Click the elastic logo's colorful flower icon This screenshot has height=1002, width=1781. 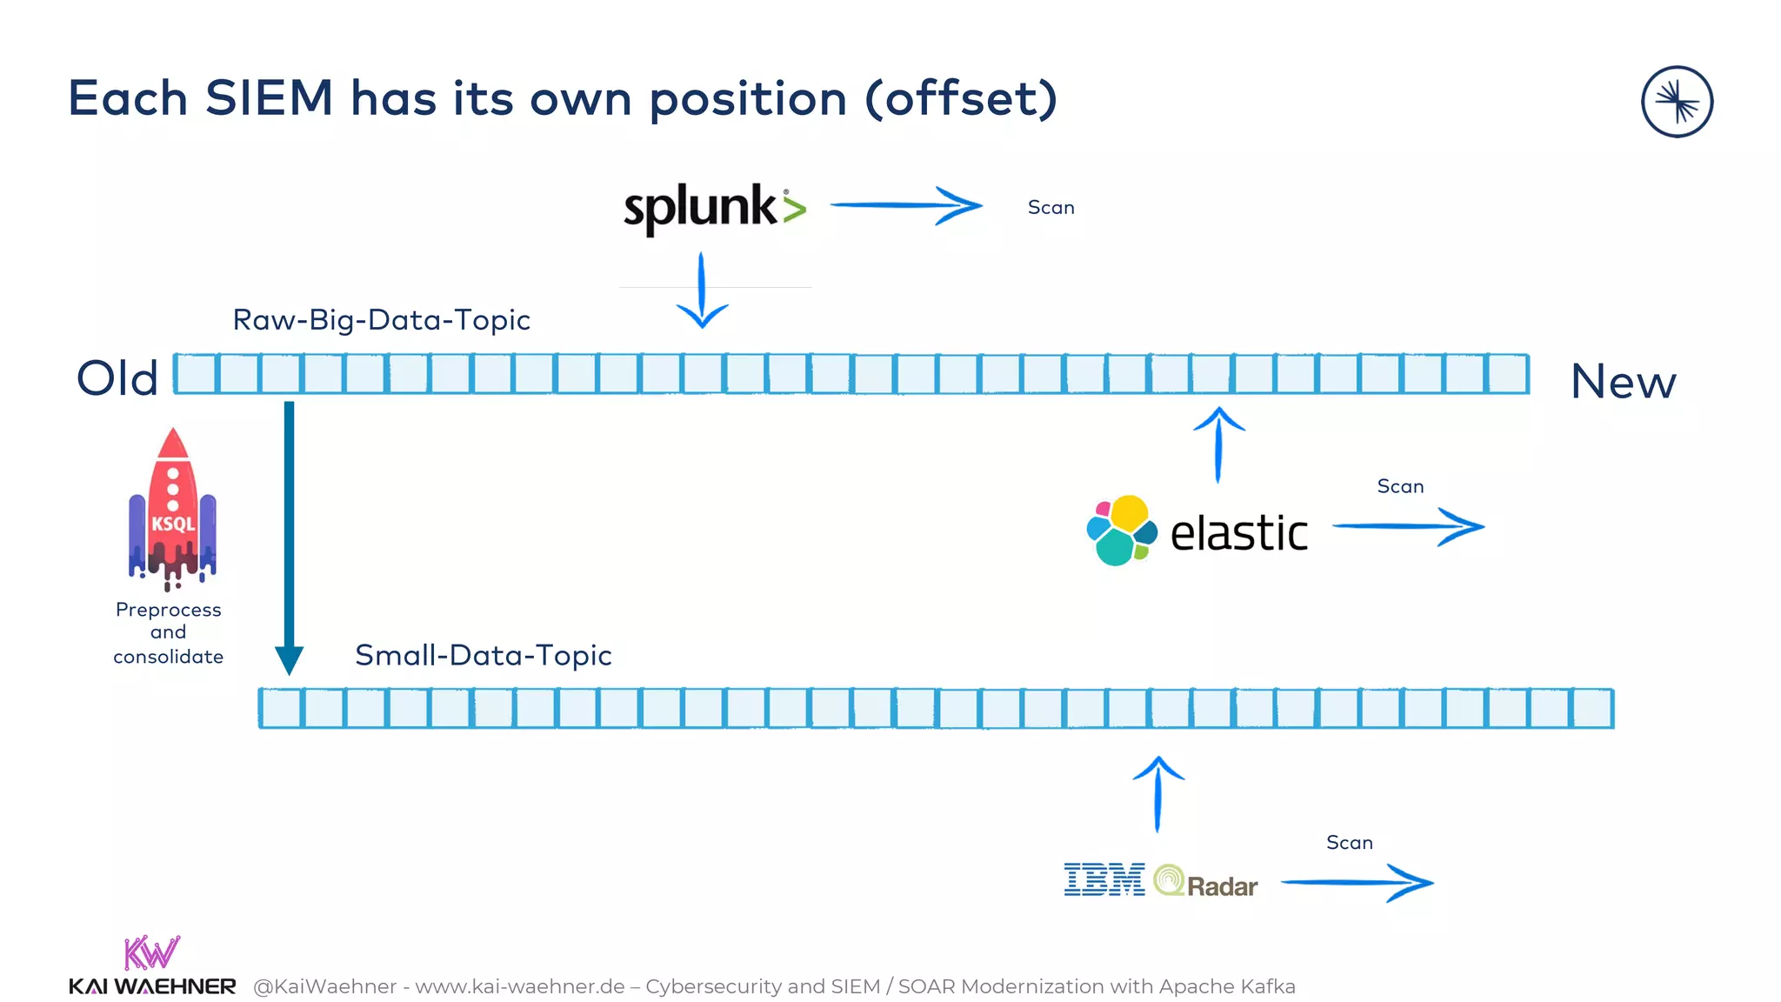tap(1121, 530)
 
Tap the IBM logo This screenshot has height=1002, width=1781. tap(1104, 879)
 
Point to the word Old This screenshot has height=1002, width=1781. tap(117, 378)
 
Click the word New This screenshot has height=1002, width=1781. tap(1623, 382)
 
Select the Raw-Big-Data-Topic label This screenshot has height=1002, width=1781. tap(381, 320)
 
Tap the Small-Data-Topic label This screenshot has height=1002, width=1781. tap(483, 655)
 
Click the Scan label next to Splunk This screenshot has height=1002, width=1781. tap(1051, 208)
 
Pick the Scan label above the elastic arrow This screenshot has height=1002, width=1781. tap(1400, 486)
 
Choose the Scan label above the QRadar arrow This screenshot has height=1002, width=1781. tap(1349, 842)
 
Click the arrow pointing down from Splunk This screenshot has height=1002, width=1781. tap(702, 291)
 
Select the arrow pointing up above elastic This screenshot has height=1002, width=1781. tap(1218, 444)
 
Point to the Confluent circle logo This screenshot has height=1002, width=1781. tap(1677, 102)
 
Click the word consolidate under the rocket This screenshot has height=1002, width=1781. tap(168, 657)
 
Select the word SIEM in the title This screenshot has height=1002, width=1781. tap(270, 97)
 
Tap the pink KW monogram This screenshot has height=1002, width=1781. tap(151, 952)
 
